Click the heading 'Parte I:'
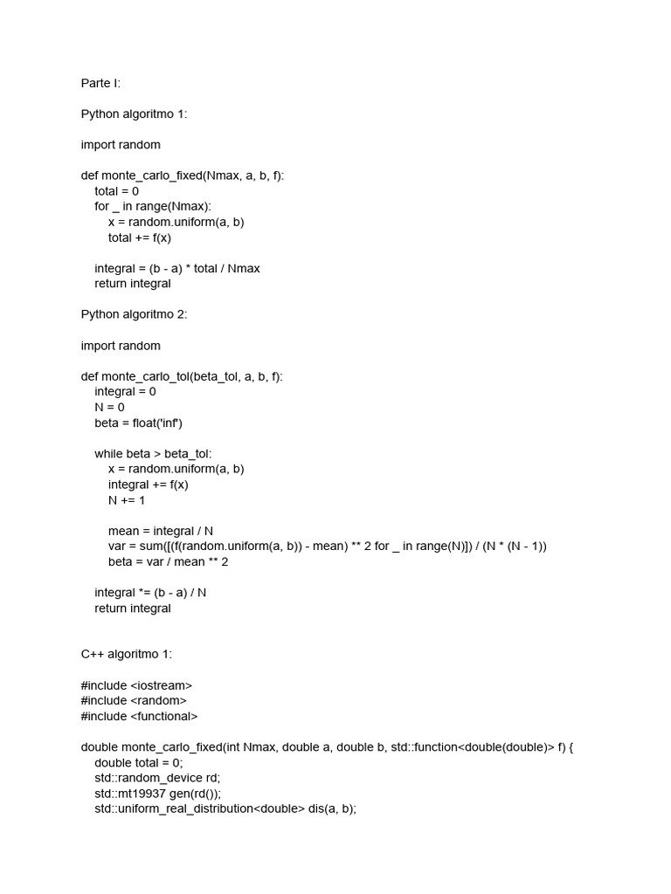click(x=100, y=84)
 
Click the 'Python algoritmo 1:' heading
click(x=134, y=114)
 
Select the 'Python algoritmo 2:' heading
click(x=134, y=314)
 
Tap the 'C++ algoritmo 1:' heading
click(x=127, y=654)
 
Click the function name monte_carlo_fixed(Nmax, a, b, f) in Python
click(x=193, y=176)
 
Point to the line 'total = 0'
click(x=117, y=191)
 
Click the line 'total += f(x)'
click(x=140, y=237)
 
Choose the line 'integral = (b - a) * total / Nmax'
click(x=177, y=268)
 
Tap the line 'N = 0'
click(x=110, y=407)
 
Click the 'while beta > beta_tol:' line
click(x=153, y=453)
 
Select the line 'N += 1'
click(x=127, y=499)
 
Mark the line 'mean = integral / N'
click(x=161, y=531)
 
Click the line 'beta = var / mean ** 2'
click(x=168, y=561)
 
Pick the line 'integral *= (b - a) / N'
click(x=150, y=592)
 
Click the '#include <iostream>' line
click(x=136, y=685)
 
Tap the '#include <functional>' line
click(x=140, y=716)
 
